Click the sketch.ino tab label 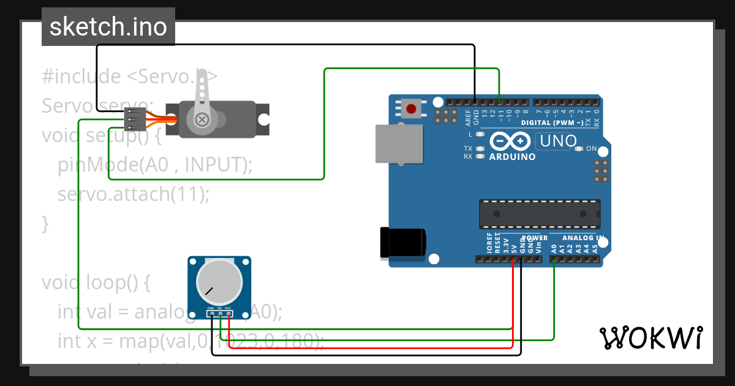(x=108, y=27)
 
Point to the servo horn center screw (x=201, y=119)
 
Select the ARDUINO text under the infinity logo (x=512, y=157)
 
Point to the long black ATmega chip (x=539, y=212)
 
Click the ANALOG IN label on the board (x=583, y=238)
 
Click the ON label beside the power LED (x=592, y=149)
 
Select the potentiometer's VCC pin (x=228, y=314)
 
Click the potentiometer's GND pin (x=211, y=314)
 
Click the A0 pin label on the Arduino (x=554, y=248)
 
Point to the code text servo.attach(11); (x=134, y=194)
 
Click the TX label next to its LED (x=467, y=149)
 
